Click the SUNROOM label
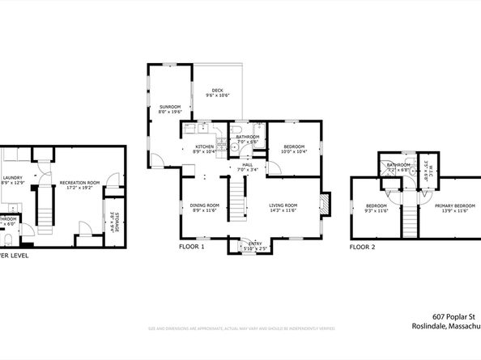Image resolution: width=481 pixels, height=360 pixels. click(170, 107)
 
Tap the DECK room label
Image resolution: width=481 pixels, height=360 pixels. click(217, 90)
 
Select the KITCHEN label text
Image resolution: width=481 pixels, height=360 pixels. click(203, 146)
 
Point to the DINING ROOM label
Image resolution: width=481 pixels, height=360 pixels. click(205, 205)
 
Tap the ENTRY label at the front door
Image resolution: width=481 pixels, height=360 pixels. click(255, 243)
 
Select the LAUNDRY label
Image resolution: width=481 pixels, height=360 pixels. click(12, 178)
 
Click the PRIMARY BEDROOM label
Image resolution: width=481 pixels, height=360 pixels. click(453, 205)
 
